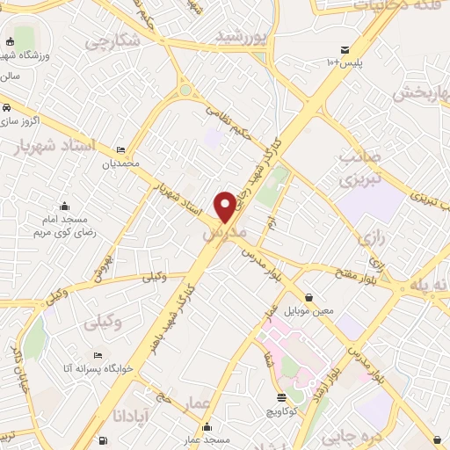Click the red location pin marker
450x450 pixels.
[x=226, y=207]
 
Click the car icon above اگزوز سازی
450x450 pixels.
[x=7, y=106]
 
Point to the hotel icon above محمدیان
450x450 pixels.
[x=120, y=150]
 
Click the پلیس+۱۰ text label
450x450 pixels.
[x=344, y=62]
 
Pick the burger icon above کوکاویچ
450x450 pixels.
[x=280, y=397]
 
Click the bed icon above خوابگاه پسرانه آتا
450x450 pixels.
[x=98, y=356]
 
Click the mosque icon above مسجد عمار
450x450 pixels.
[x=207, y=428]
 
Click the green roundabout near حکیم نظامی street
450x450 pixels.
[x=185, y=89]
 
